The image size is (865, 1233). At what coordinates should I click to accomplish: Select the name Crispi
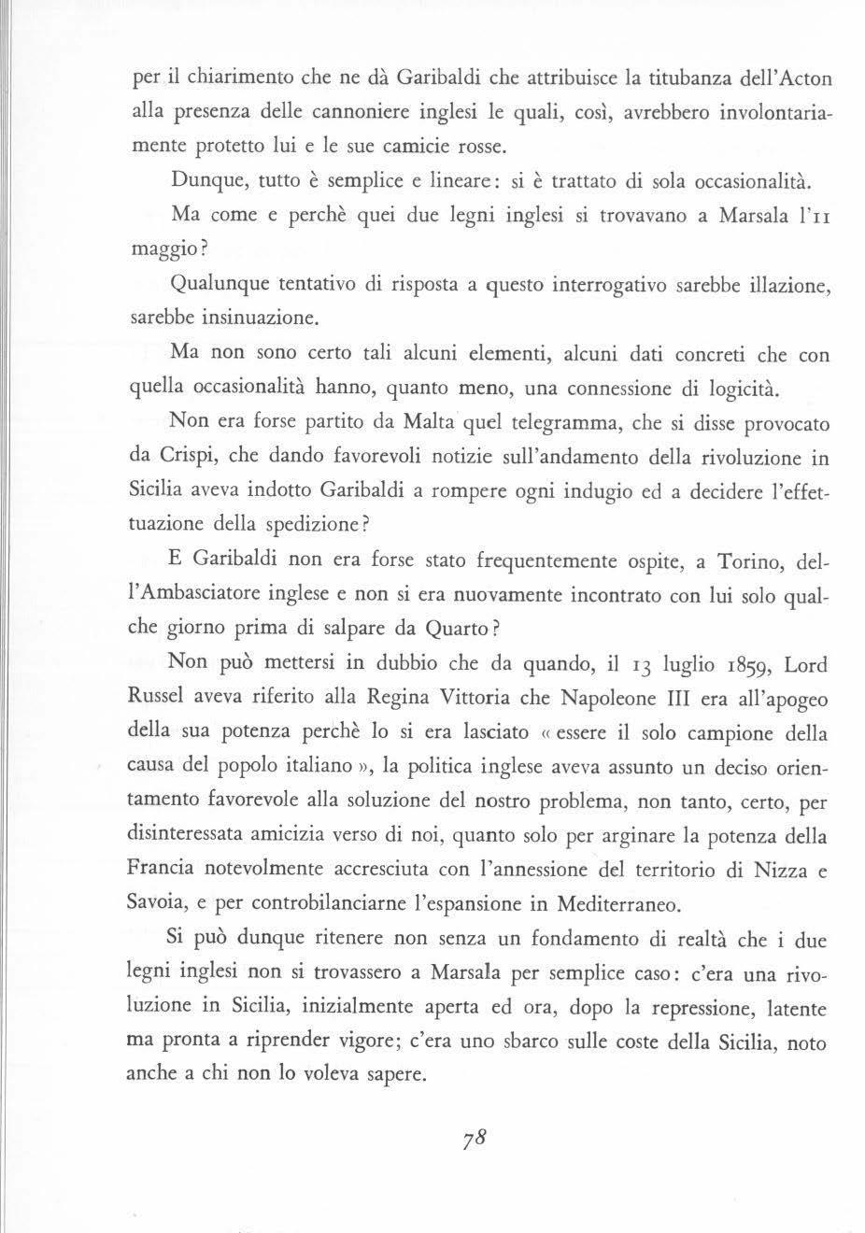point(185,459)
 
